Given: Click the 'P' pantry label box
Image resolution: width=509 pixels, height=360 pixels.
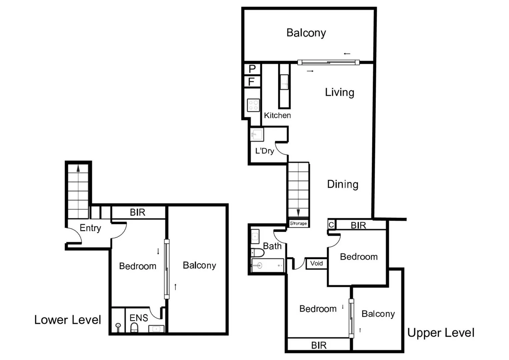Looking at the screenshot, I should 252,69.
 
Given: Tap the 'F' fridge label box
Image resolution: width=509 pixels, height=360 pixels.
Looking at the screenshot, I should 252,82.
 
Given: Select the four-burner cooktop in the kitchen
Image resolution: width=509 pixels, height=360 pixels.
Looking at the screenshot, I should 253,105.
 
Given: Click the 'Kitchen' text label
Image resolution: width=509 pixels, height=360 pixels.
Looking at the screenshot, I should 277,115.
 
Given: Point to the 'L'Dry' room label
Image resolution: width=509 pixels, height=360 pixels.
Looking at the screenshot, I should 264,151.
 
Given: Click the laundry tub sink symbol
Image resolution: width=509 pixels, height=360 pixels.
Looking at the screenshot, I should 257,134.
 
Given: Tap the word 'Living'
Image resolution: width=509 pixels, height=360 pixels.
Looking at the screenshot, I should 339,92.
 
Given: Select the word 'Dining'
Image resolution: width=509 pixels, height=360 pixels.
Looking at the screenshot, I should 343,184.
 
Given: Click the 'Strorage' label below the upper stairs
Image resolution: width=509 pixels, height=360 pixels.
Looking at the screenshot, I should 298,223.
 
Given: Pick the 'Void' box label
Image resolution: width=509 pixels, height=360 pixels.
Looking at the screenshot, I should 316,263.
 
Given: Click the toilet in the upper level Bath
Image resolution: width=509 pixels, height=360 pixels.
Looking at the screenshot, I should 257,252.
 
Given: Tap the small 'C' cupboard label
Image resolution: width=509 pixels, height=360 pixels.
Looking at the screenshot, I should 331,225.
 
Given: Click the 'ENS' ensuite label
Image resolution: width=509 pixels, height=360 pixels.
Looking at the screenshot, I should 139,318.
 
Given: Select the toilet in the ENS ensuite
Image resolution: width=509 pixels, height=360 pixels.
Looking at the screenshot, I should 134,327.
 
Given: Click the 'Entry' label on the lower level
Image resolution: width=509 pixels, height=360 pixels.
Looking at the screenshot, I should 90,228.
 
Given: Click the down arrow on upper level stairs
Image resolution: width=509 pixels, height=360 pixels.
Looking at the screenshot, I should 298,212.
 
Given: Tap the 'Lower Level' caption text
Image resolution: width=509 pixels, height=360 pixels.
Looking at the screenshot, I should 68,320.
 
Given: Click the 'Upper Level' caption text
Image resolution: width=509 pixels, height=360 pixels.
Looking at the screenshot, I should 441,333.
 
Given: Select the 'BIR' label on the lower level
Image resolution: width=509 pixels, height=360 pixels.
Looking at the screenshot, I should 137,212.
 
